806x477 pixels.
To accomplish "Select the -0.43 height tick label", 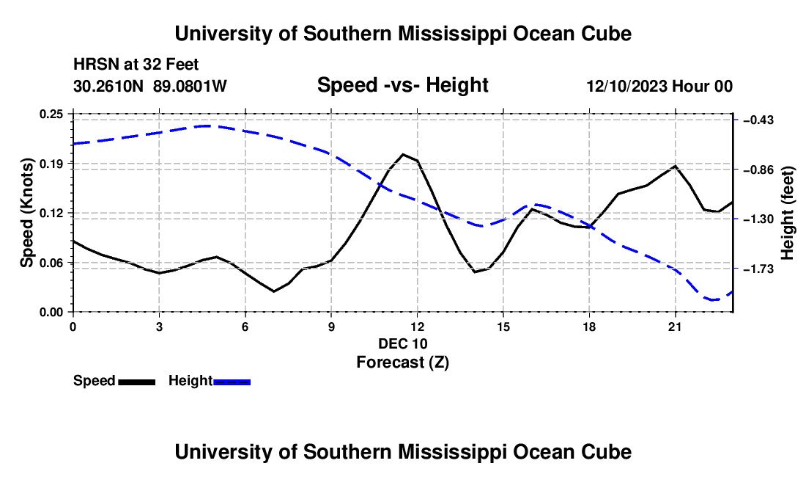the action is tap(758, 120).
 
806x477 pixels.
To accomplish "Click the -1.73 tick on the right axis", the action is tap(758, 269).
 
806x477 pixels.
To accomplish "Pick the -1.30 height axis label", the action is tap(758, 219).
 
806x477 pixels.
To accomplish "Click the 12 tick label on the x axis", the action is tap(418, 327).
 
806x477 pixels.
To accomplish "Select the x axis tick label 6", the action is tap(245, 327).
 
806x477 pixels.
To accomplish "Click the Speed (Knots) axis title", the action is tap(26, 213).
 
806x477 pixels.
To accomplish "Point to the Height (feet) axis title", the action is tap(788, 213).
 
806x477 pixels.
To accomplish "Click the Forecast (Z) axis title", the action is tap(403, 363).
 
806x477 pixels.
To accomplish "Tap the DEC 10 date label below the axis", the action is tap(403, 343).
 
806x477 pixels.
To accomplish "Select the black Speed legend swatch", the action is tap(137, 382).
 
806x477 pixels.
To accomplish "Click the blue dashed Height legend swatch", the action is tap(232, 382).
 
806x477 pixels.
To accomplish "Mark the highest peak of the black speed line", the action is tap(403, 154).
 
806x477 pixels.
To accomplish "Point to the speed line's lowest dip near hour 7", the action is tap(274, 291).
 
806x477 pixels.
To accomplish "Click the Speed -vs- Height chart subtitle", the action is tap(403, 85).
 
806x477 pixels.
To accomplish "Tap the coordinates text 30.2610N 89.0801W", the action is tap(150, 86).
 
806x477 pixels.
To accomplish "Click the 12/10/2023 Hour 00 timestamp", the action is tap(659, 86).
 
